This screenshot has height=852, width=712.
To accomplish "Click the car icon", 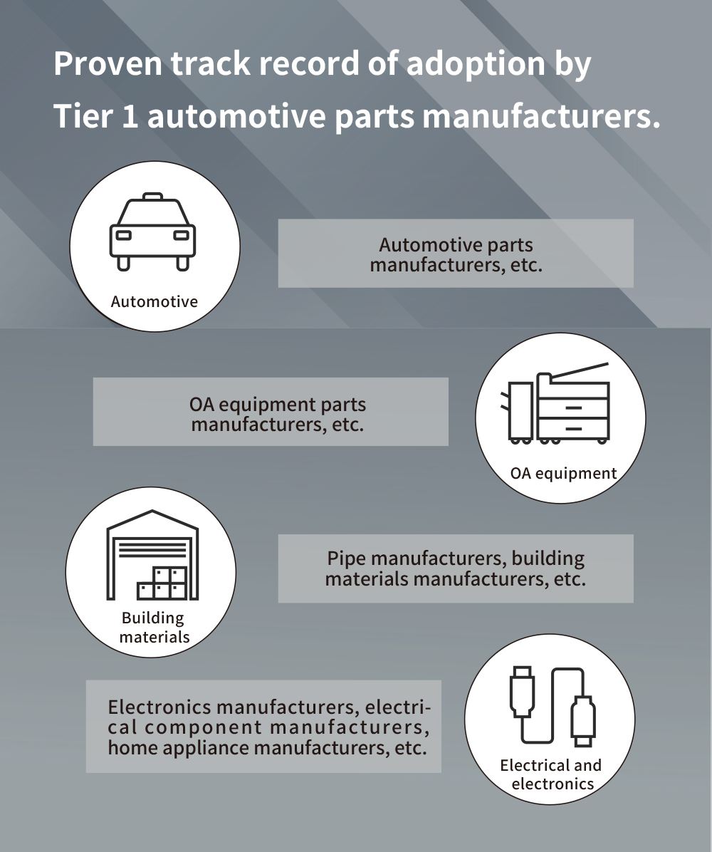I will point(153,232).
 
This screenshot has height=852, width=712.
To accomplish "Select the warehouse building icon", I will point(152,555).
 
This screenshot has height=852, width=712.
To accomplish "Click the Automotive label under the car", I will point(154,301).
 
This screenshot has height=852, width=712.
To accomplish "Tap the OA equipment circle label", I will point(563,473).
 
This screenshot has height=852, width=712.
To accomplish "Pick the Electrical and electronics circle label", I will point(551,774).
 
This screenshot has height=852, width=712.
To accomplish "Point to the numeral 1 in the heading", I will point(129,116).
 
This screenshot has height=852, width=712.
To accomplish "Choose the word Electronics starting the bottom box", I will point(159,707).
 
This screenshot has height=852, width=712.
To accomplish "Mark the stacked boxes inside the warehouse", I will point(163,582).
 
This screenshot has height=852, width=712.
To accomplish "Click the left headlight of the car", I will point(123,234).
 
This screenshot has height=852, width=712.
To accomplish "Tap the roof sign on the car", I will point(152,196).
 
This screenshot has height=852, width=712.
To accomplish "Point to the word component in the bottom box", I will point(203,728).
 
